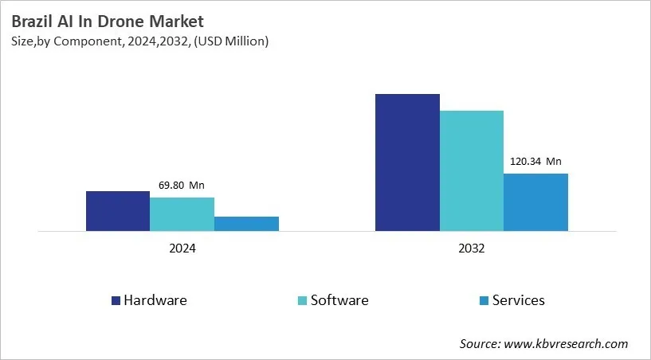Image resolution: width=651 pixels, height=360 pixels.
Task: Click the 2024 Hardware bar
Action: tap(118, 211)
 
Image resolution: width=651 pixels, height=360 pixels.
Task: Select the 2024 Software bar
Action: tap(182, 214)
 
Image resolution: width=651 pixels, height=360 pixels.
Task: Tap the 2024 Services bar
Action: tap(246, 224)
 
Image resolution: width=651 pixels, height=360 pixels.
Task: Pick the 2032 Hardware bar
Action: tap(407, 162)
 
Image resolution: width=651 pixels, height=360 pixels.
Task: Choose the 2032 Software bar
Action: tap(472, 170)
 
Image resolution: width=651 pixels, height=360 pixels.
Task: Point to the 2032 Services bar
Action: tap(535, 202)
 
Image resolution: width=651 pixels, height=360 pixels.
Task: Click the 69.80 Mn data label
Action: tap(181, 186)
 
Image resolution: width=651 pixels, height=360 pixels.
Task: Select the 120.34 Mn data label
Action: tap(535, 162)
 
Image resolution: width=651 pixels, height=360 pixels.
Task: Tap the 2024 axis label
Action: tap(182, 248)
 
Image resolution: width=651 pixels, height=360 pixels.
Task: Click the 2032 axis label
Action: tap(472, 248)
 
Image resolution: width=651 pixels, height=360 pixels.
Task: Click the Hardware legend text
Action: tap(155, 300)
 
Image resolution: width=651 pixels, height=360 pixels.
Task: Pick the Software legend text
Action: tap(339, 300)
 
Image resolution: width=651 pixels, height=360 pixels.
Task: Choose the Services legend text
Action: tap(518, 300)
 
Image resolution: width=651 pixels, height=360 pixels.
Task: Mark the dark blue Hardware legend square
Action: tap(116, 301)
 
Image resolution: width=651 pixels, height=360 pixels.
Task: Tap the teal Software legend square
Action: tap(301, 301)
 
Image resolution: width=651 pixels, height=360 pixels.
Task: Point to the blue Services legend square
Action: tap(484, 301)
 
